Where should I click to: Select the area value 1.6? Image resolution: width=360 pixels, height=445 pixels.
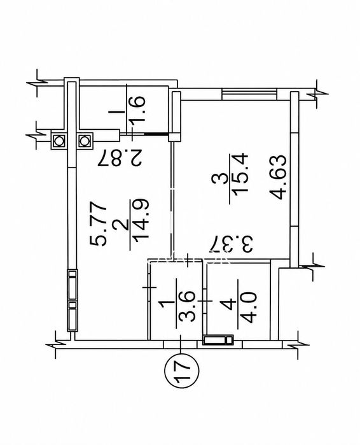(137, 109)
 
